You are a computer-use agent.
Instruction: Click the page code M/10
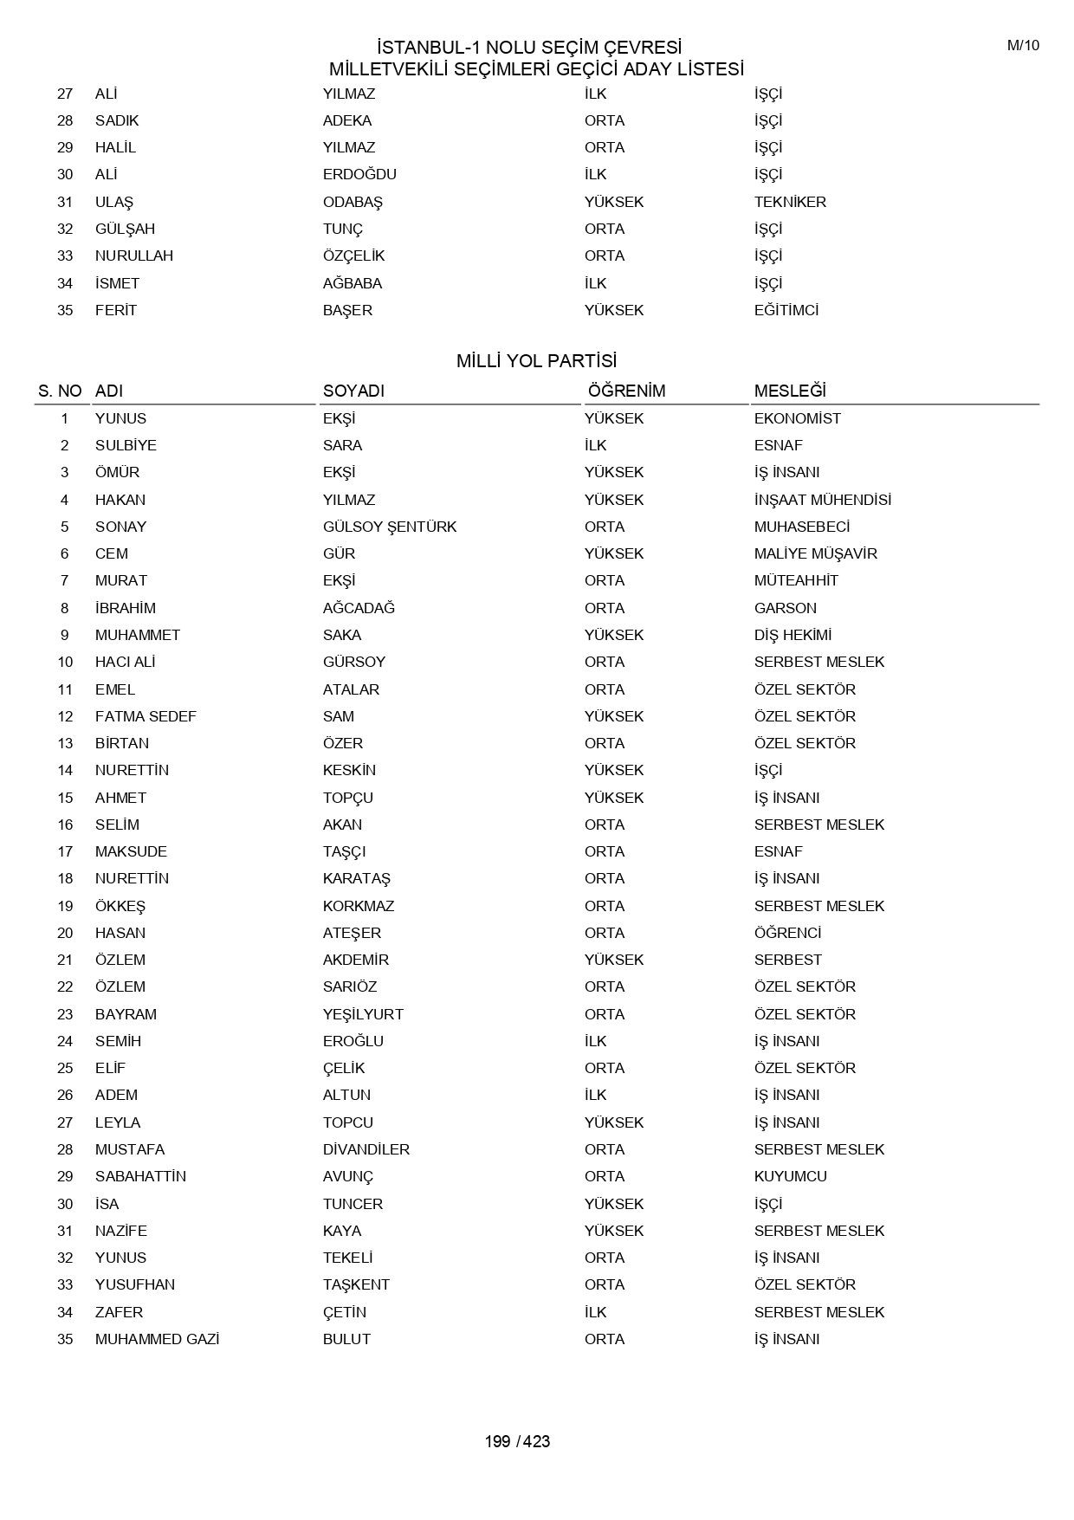pyautogui.click(x=1023, y=46)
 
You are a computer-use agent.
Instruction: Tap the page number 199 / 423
pyautogui.click(x=517, y=1441)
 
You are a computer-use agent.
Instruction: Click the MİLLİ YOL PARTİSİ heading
pyautogui.click(x=536, y=361)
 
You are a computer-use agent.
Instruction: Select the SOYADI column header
pyautogui.click(x=353, y=391)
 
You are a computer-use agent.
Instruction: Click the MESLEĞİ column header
pyautogui.click(x=790, y=391)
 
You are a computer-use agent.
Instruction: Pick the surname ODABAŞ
pyautogui.click(x=353, y=202)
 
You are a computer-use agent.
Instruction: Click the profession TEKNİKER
pyautogui.click(x=790, y=202)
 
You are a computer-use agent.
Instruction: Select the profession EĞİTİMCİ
pyautogui.click(x=786, y=310)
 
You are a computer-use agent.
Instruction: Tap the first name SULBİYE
pyautogui.click(x=126, y=445)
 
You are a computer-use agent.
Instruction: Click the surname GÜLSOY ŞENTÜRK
pyautogui.click(x=390, y=527)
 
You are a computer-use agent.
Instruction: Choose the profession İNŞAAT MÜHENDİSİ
pyautogui.click(x=822, y=500)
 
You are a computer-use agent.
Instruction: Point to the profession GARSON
pyautogui.click(x=785, y=608)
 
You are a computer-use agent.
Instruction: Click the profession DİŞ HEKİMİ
pyautogui.click(x=793, y=635)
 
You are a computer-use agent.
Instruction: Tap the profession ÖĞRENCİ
pyautogui.click(x=787, y=933)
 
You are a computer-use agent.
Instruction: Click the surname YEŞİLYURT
pyautogui.click(x=363, y=1014)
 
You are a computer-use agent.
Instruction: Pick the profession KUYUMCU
pyautogui.click(x=790, y=1176)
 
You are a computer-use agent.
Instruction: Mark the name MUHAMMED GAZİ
pyautogui.click(x=157, y=1339)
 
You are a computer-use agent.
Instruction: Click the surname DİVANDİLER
pyautogui.click(x=366, y=1149)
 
